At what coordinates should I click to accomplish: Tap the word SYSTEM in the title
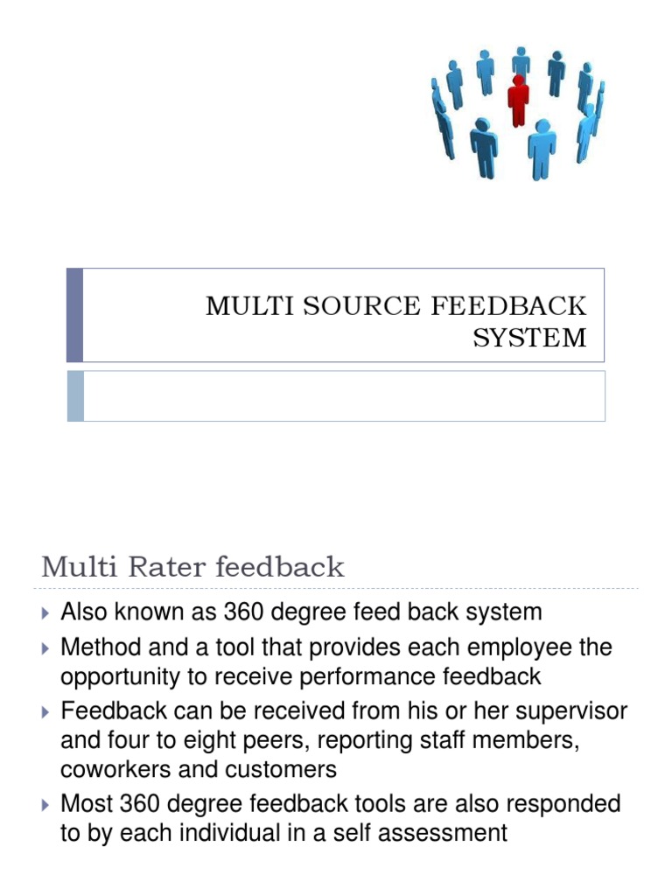click(x=529, y=338)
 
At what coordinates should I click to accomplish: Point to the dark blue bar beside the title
click(x=75, y=315)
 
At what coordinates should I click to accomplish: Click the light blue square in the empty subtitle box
click(x=75, y=395)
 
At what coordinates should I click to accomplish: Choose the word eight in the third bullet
click(x=203, y=741)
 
